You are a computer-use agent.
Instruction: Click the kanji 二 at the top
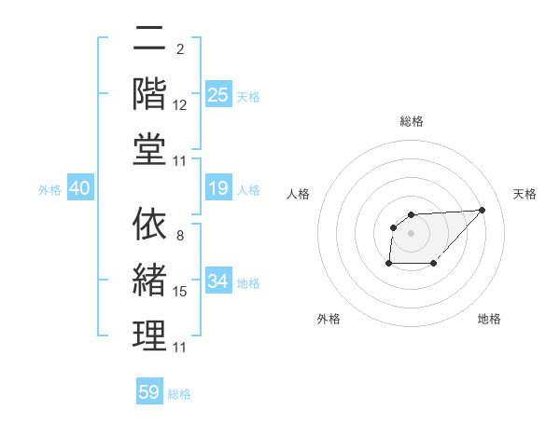149,40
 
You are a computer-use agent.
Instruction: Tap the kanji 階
149,95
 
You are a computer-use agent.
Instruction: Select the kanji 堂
149,151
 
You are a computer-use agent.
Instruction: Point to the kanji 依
149,225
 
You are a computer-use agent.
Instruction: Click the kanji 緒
149,281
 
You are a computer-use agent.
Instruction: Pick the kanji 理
149,336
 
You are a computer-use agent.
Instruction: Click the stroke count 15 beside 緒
180,292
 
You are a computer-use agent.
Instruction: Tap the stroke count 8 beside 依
179,235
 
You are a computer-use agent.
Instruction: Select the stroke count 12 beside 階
180,105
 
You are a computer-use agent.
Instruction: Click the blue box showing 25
217,95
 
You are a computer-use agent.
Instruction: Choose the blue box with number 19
217,189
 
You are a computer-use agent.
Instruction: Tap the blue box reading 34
217,282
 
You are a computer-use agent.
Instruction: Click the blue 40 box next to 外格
79,189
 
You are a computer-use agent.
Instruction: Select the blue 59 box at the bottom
149,392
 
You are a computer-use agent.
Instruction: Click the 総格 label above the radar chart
412,121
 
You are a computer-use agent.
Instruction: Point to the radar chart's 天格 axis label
525,194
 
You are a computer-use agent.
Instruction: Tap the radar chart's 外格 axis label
329,319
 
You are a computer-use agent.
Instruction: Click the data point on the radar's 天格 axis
482,210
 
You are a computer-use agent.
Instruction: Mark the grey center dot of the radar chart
412,232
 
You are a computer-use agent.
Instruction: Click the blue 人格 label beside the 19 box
248,190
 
